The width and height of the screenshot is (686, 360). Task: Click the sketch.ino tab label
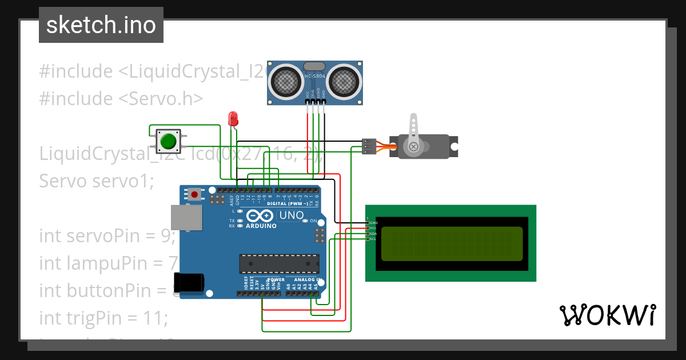(x=101, y=25)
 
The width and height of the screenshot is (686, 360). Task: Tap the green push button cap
(x=168, y=141)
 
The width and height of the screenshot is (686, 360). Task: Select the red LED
(x=233, y=119)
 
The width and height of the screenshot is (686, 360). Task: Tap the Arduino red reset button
(x=194, y=194)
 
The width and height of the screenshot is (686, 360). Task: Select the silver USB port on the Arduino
(x=186, y=218)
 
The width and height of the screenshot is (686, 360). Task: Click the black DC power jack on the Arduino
(x=190, y=282)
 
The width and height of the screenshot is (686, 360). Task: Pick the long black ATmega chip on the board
(x=279, y=263)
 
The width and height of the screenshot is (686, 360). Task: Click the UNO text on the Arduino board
(x=290, y=215)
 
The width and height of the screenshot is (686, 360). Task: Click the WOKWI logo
(x=607, y=315)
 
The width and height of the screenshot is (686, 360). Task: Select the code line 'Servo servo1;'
(x=97, y=181)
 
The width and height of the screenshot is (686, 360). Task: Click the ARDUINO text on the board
(x=261, y=226)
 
